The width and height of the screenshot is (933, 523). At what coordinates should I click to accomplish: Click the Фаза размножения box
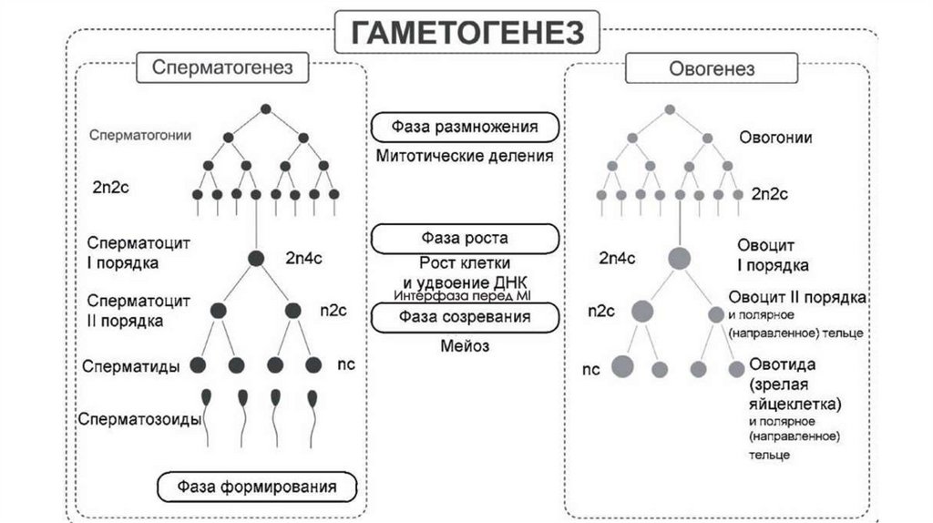(x=465, y=126)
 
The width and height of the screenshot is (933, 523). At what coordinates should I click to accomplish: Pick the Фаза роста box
(x=465, y=239)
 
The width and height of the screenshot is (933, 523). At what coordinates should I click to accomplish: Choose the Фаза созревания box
(x=465, y=317)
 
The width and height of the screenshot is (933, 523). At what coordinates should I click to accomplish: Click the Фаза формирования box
(x=256, y=487)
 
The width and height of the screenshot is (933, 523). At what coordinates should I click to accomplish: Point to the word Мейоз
(x=465, y=346)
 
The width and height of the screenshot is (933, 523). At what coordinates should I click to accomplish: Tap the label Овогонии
(x=775, y=138)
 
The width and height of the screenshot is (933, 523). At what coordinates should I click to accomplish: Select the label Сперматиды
(x=130, y=366)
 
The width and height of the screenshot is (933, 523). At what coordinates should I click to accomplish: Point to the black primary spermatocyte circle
(x=257, y=258)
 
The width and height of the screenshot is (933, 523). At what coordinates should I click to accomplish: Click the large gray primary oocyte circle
(x=679, y=258)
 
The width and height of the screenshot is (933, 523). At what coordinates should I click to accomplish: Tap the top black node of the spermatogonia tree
(x=266, y=109)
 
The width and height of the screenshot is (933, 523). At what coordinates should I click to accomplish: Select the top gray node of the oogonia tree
(x=670, y=109)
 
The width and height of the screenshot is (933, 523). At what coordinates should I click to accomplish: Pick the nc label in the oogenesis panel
(x=591, y=370)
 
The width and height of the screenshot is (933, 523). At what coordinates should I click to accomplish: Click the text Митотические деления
(x=465, y=156)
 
